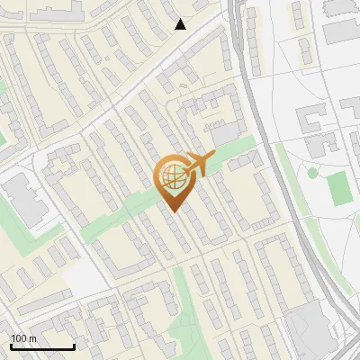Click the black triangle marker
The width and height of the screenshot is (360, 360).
coord(180,24)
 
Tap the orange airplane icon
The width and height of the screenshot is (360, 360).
coord(198,165)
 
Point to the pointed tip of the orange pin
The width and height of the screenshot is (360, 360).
coord(173,211)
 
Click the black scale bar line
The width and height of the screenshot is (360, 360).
coord(42,346)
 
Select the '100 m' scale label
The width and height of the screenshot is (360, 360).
coord(24,338)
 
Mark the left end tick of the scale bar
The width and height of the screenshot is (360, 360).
coord(11,346)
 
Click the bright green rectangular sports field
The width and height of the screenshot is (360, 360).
coord(337,187)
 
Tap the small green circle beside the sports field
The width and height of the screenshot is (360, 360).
coord(312,173)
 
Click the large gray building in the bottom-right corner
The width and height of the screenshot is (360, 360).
coord(310,328)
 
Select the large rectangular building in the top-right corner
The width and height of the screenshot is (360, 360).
coord(342,31)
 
